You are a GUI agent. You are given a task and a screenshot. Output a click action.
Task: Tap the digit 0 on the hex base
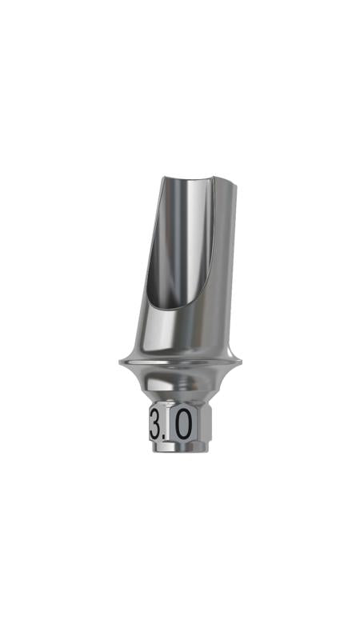(x=184, y=425)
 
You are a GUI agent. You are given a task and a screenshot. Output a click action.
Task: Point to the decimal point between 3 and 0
(x=168, y=437)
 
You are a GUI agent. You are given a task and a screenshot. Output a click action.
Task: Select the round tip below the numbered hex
(x=180, y=447)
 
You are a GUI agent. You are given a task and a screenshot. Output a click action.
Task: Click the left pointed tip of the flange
(x=119, y=362)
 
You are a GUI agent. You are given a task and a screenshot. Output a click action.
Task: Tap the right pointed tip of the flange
(x=242, y=362)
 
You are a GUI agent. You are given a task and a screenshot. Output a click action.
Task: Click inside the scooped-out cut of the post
(x=179, y=241)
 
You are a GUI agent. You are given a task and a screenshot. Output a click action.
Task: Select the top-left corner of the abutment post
(x=163, y=177)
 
